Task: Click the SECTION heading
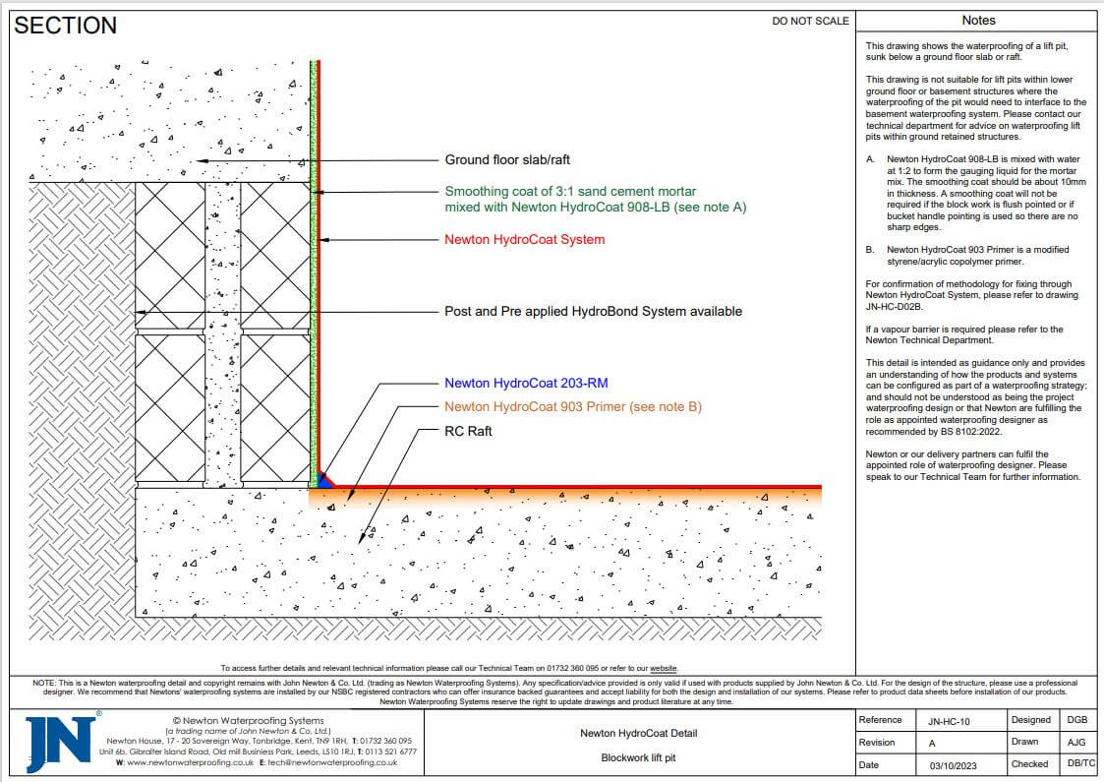pyautogui.click(x=66, y=26)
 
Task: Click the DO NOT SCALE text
pyautogui.click(x=811, y=21)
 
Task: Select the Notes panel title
pyautogui.click(x=978, y=20)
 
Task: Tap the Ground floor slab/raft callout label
pyautogui.click(x=507, y=159)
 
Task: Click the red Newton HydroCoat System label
pyautogui.click(x=524, y=239)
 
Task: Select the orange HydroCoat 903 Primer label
pyautogui.click(x=573, y=406)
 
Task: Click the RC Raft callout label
pyautogui.click(x=468, y=431)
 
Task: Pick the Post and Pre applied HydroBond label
pyautogui.click(x=594, y=311)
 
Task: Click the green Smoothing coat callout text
pyautogui.click(x=570, y=199)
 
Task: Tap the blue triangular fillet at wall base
pyautogui.click(x=324, y=481)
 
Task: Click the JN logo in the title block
pyautogui.click(x=60, y=742)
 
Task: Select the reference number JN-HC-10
pyautogui.click(x=949, y=721)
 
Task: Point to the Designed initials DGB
pyautogui.click(x=1076, y=721)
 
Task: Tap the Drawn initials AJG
pyautogui.click(x=1076, y=743)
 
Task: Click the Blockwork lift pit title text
pyautogui.click(x=639, y=757)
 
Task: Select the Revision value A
pyautogui.click(x=932, y=743)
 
